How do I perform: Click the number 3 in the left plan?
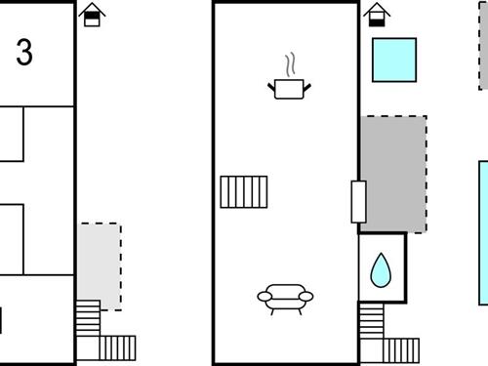(24, 53)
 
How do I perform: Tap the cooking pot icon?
(290, 89)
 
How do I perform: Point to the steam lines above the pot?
(290, 65)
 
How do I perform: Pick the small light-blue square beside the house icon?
(394, 59)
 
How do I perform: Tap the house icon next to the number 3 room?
(92, 15)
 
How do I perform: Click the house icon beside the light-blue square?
(376, 15)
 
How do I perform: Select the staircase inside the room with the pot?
(243, 191)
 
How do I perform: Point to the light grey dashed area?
(100, 265)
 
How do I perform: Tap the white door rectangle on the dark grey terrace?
(358, 202)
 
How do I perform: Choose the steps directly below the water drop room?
(372, 318)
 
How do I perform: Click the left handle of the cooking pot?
(271, 88)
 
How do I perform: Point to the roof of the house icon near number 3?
(92, 9)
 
